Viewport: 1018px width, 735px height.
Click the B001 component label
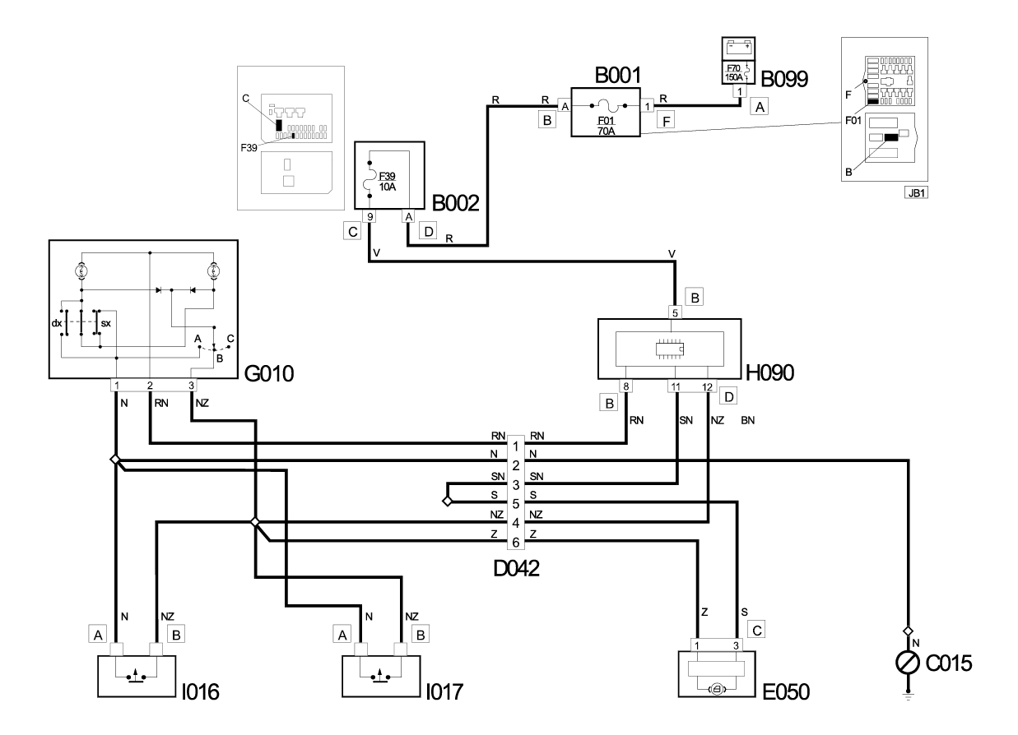pyautogui.click(x=617, y=76)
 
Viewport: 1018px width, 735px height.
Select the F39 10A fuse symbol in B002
pyautogui.click(x=370, y=179)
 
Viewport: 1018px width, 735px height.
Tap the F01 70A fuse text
pyautogui.click(x=606, y=127)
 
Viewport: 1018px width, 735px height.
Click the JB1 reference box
pyautogui.click(x=916, y=193)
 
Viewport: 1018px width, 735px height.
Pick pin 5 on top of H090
pyautogui.click(x=675, y=312)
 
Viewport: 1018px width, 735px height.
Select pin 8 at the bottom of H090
pyautogui.click(x=625, y=386)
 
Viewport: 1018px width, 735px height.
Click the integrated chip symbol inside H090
pyautogui.click(x=669, y=349)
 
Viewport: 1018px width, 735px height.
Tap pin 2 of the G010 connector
pyautogui.click(x=150, y=386)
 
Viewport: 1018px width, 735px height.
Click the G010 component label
pyautogui.click(x=269, y=373)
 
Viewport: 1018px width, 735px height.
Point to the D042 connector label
pyautogui.click(x=516, y=568)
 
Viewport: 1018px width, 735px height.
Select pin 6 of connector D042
pyautogui.click(x=516, y=542)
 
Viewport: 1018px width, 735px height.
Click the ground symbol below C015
pyautogui.click(x=908, y=696)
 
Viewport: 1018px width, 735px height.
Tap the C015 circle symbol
pyautogui.click(x=908, y=663)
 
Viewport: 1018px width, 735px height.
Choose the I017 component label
pyautogui.click(x=444, y=692)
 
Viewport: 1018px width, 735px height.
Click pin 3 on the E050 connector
pyautogui.click(x=736, y=645)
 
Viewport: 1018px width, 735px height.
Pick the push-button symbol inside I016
pyautogui.click(x=137, y=676)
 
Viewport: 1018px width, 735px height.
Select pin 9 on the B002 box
pyautogui.click(x=370, y=216)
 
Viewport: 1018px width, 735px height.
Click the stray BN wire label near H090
pyautogui.click(x=747, y=420)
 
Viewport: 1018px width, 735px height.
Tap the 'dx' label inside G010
pyautogui.click(x=56, y=323)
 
